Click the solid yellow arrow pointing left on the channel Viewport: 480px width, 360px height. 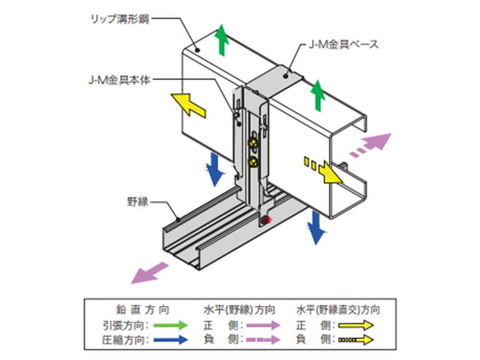point(187,105)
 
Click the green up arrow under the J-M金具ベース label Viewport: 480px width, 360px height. point(318,94)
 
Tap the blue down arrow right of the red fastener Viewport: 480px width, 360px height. point(317,227)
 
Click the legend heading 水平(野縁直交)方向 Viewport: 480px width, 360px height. point(337,308)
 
